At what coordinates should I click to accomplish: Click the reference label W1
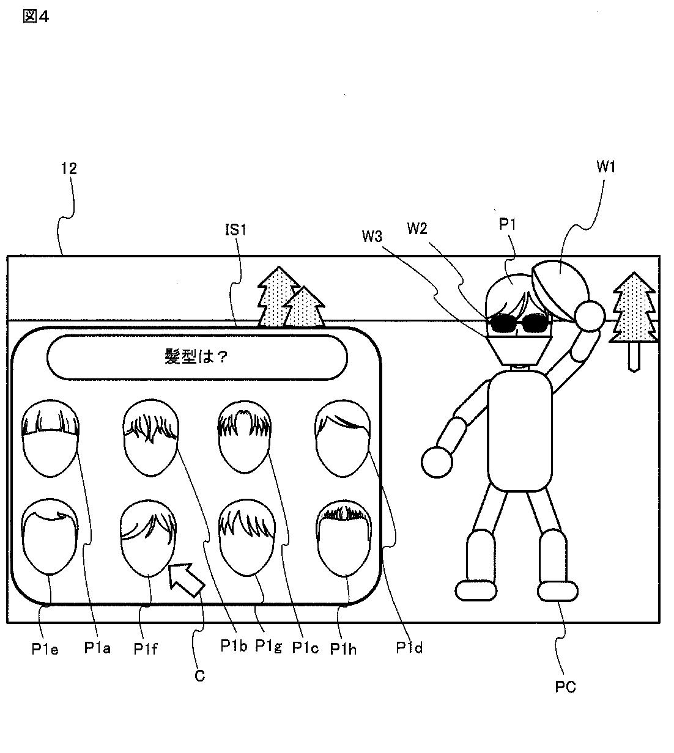(x=606, y=167)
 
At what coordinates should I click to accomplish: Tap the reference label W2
(x=417, y=228)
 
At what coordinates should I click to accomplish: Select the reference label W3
(x=372, y=237)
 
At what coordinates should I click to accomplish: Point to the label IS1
(x=236, y=230)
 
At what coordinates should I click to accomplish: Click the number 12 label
(x=69, y=169)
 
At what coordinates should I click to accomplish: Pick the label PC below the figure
(x=565, y=687)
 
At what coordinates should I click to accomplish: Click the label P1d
(x=409, y=648)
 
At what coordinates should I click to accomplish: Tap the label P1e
(x=45, y=649)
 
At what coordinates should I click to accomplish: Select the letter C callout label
(x=200, y=676)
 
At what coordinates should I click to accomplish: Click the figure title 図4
(x=35, y=17)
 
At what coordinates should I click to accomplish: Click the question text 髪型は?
(x=196, y=356)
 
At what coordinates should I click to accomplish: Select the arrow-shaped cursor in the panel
(x=185, y=579)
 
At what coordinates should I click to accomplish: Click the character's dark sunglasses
(x=518, y=323)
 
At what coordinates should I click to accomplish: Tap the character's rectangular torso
(x=520, y=430)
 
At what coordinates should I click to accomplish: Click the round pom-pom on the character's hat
(x=590, y=315)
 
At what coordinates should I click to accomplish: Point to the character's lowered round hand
(x=437, y=462)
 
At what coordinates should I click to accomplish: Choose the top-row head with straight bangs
(x=50, y=438)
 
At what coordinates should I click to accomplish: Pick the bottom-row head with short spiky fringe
(x=343, y=538)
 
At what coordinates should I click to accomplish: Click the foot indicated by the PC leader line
(x=557, y=591)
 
